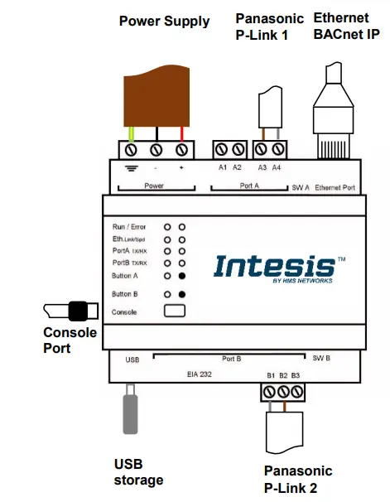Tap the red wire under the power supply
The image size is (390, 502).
pos(181,134)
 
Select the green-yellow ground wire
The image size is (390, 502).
pos(131,134)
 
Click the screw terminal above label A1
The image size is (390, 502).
pos(221,149)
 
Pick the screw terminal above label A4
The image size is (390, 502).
pos(278,149)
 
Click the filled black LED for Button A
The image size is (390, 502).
pos(181,276)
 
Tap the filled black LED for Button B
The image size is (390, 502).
pos(181,294)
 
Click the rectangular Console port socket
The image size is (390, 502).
pos(175,311)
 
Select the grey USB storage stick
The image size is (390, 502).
pos(131,409)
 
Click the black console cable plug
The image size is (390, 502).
pos(78,311)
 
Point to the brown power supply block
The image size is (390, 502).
pos(156,96)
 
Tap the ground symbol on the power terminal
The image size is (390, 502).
pos(131,168)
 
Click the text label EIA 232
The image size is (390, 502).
pos(199,374)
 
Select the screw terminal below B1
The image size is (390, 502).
pos(269,392)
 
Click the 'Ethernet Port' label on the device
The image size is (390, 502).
pos(335,187)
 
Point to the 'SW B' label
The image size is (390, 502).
pos(321,358)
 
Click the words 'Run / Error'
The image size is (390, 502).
pos(129,227)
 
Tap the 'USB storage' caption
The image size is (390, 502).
pos(138,472)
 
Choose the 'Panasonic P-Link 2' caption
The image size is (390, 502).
pos(298,480)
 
